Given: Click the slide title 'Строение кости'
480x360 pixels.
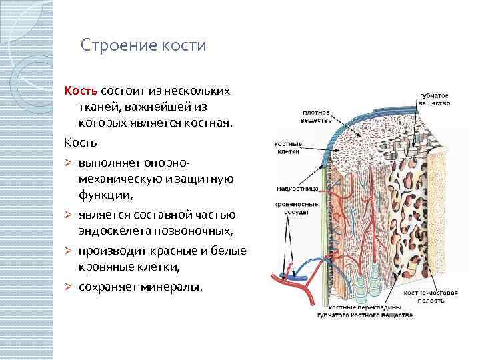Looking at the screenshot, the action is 143,46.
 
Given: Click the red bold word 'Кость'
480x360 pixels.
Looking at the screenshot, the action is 81,91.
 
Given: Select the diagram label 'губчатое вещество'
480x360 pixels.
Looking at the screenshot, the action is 434,99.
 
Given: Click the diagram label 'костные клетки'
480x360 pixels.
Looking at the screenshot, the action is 288,147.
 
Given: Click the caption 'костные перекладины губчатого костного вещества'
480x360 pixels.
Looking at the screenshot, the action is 360,312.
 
